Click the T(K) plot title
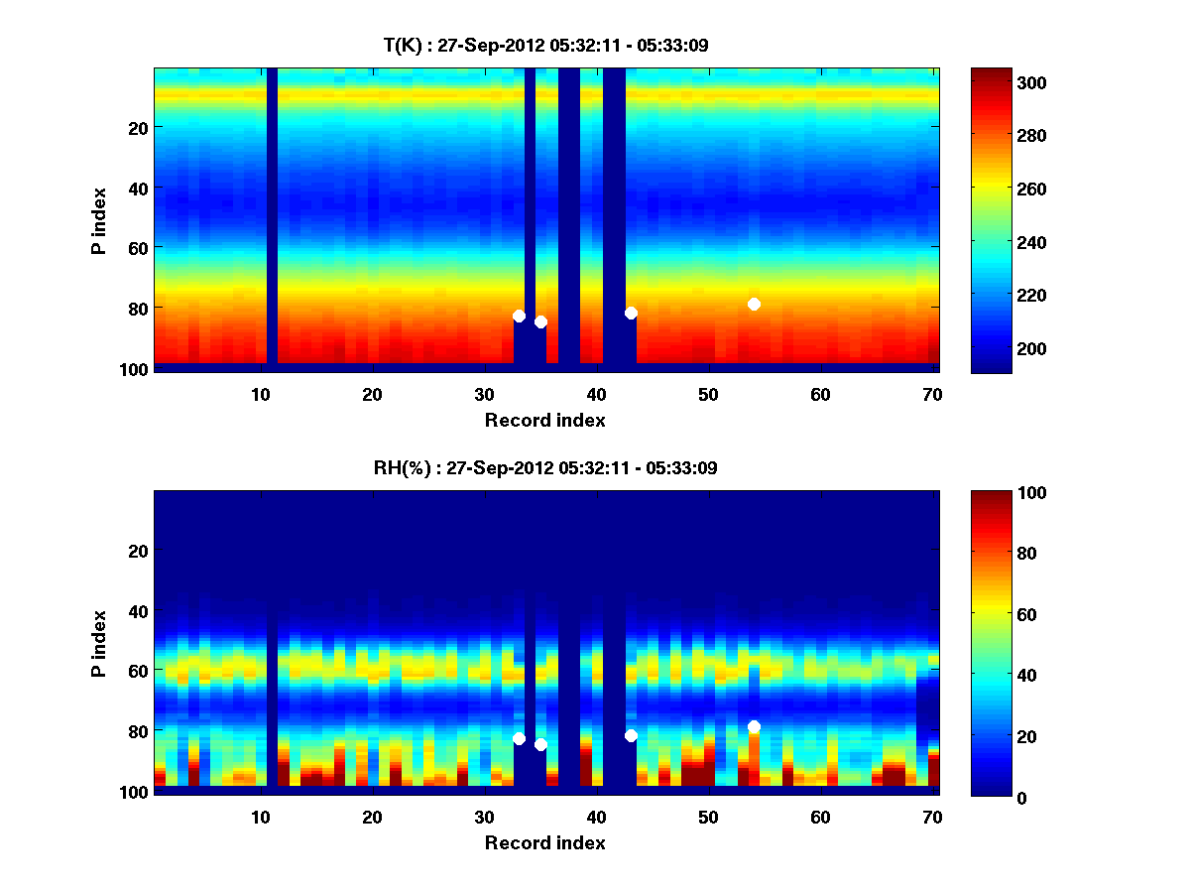coord(545,45)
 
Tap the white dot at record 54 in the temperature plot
coord(754,304)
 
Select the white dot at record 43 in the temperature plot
coord(631,313)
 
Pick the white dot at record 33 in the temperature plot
coord(519,316)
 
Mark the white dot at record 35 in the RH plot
coord(540,744)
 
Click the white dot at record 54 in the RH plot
coord(754,726)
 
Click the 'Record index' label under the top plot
coord(545,420)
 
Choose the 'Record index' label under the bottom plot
coord(545,842)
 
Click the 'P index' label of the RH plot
coord(99,643)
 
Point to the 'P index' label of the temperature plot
coord(99,220)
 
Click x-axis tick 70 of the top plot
coord(932,394)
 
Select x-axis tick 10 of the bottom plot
coord(260,817)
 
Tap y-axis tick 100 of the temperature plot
coord(136,369)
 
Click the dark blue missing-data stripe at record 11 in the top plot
coord(272,218)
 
